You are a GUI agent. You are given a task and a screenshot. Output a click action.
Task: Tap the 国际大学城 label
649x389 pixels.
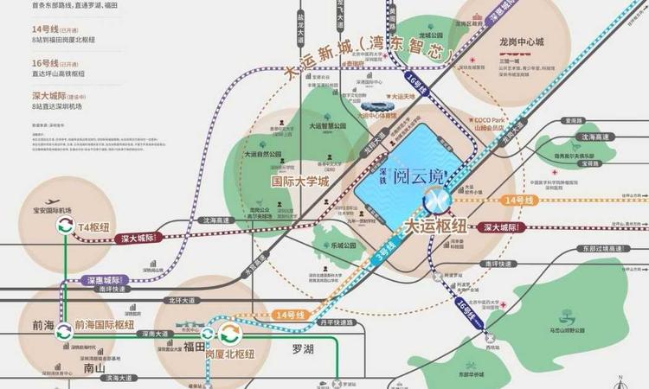point(300,182)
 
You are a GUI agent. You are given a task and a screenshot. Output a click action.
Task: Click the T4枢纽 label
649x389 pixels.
point(95,226)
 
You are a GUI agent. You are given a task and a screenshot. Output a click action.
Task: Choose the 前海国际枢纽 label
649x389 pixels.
point(105,325)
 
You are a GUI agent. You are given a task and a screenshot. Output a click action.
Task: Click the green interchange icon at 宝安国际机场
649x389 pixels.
point(63,226)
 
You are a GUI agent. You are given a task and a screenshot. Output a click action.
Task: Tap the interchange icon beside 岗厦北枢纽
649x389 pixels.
point(231,334)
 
